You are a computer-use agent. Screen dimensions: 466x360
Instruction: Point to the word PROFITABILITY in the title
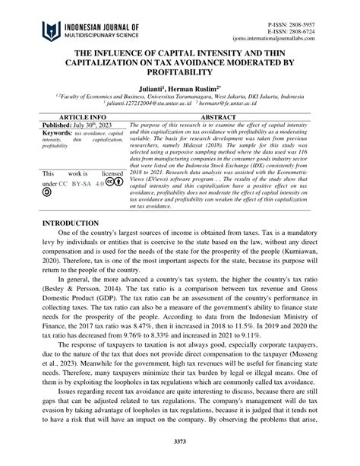[x=179, y=72]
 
